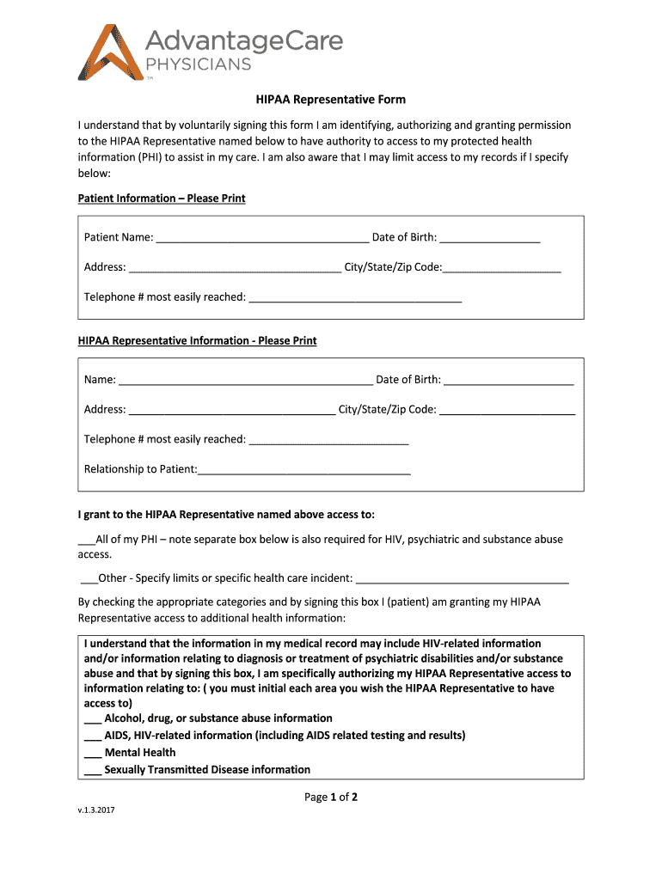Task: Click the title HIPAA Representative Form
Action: pos(331,100)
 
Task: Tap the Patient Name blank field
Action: pos(262,237)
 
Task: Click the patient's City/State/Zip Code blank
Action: pos(502,267)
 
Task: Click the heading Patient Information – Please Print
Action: pos(162,199)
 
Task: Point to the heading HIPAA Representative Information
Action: pos(197,341)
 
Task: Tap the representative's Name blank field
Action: pos(245,380)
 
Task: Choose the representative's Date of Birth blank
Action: pos(509,380)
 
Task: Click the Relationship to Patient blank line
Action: pos(304,469)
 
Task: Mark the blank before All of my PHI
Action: pos(86,541)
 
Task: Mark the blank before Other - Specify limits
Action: pos(89,578)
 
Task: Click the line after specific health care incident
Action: pos(463,578)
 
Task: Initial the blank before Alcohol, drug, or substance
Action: pos(93,718)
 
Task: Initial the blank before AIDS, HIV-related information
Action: pos(93,736)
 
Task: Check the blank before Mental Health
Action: pos(93,753)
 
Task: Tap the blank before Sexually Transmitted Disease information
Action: pos(93,770)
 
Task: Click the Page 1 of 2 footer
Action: pos(331,797)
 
